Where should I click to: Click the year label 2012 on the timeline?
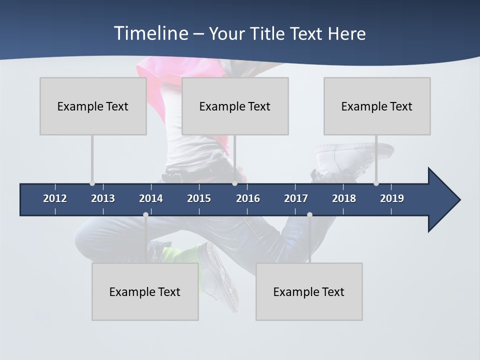[55, 198]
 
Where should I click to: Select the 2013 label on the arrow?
[103, 198]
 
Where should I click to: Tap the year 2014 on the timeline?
[151, 198]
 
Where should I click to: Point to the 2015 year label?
[199, 198]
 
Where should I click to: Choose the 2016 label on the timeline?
[248, 198]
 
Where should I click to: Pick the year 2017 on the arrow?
[296, 198]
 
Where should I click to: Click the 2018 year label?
[344, 198]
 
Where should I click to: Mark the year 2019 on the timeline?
[392, 198]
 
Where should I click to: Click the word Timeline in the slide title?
[150, 33]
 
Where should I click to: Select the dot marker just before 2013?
[92, 183]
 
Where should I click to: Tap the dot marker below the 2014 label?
[145, 215]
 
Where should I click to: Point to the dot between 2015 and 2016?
[234, 183]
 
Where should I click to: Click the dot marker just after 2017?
[309, 215]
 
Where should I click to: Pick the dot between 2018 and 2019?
[376, 183]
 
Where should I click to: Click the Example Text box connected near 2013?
[93, 106]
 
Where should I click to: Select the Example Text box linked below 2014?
[145, 291]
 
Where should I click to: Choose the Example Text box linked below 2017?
[309, 291]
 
